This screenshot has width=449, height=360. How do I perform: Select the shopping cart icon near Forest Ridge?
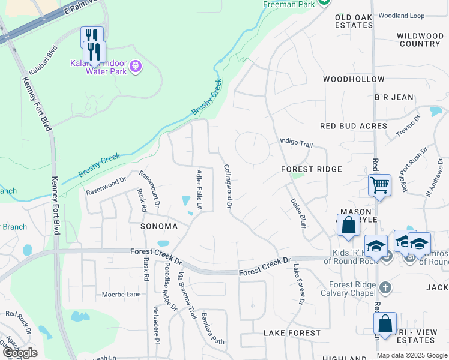(379, 185)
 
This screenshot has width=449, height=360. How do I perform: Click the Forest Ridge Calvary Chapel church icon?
(385, 287)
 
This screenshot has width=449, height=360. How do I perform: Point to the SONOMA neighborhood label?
(158, 226)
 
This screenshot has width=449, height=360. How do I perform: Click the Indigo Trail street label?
(297, 143)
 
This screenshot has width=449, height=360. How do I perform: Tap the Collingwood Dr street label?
(228, 187)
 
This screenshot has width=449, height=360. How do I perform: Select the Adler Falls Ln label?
(200, 190)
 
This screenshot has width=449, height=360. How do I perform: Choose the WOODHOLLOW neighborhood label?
(354, 79)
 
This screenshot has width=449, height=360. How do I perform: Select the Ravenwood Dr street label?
(107, 185)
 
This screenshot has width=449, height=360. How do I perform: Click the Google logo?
(19, 353)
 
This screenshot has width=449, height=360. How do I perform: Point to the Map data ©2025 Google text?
(412, 355)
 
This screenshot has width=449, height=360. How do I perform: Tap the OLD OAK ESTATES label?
(354, 21)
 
